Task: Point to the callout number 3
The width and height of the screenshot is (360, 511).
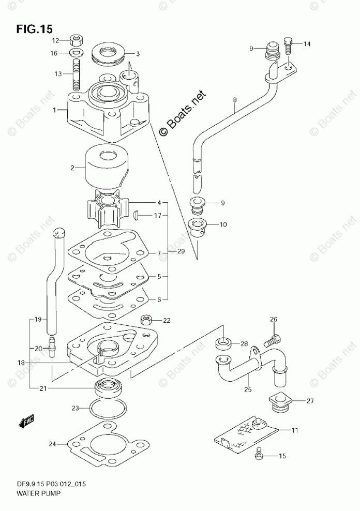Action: click(138, 53)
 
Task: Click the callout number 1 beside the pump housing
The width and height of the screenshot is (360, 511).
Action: click(55, 110)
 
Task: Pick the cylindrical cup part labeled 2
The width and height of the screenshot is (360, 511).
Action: click(105, 167)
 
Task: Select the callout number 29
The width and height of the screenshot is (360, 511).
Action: click(180, 251)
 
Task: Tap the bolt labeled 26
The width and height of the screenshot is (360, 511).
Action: click(273, 340)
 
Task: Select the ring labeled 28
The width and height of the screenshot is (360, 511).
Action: click(222, 343)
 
